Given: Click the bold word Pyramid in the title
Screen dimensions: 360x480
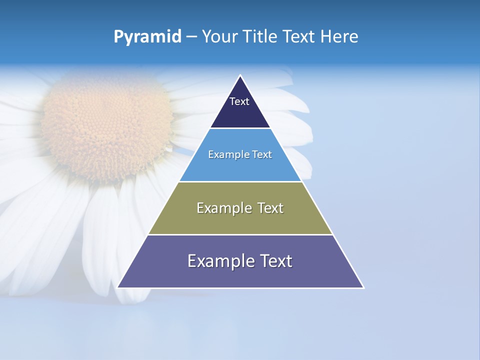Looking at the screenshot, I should (147, 37).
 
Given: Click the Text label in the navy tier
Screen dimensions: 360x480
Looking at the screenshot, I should (239, 101).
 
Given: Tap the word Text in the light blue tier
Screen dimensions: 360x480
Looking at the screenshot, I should (262, 155).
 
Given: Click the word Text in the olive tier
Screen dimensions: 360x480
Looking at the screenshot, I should (270, 208).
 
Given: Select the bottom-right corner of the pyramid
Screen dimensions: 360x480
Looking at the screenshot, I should (363, 287).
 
